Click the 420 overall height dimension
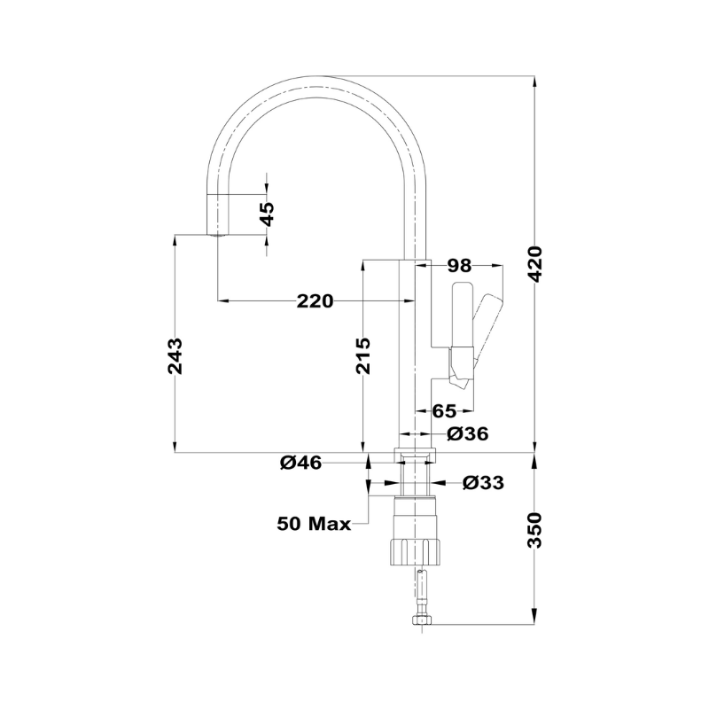[535, 264]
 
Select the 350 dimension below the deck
[535, 530]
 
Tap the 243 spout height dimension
[175, 356]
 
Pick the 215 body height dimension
[362, 356]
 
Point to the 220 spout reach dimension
[316, 301]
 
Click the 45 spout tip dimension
[268, 214]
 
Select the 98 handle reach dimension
[459, 266]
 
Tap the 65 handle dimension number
[445, 411]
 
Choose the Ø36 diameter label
[468, 434]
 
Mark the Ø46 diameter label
[300, 463]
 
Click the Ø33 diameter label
[483, 483]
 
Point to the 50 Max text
[314, 524]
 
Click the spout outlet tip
[218, 235]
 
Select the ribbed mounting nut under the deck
[415, 552]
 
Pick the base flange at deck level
[415, 456]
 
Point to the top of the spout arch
[316, 77]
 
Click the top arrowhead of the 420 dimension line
[535, 81]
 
